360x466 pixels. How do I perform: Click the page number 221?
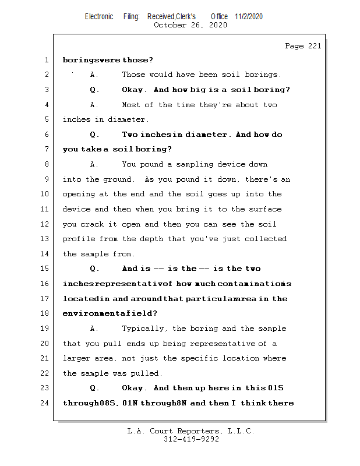tap(313, 46)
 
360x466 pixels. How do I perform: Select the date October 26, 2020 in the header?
tap(190, 25)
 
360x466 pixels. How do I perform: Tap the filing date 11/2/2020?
tap(249, 16)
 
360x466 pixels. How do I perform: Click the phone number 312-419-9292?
tap(191, 439)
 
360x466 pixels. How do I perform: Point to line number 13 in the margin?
tap(46, 239)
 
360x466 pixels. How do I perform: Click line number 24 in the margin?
tap(46, 403)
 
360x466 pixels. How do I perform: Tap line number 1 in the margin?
tap(46, 59)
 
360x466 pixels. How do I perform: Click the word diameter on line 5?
tap(130, 119)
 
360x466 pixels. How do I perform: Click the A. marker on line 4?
tap(94, 105)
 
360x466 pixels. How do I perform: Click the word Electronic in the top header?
tap(99, 16)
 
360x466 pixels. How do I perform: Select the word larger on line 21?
tap(77, 358)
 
